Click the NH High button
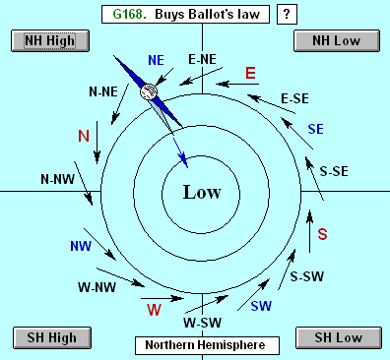(50, 41)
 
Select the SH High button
(52, 337)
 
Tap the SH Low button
(339, 337)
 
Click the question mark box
(287, 15)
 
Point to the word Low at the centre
(202, 192)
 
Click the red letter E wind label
(250, 73)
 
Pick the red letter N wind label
(84, 136)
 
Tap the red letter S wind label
(322, 234)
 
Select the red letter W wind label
(155, 310)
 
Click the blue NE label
(156, 60)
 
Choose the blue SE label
(316, 129)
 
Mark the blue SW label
(261, 306)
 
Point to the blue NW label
(81, 246)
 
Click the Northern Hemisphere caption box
(207, 345)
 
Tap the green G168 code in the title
(129, 14)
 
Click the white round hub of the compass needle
(149, 91)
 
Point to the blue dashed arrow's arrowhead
(184, 160)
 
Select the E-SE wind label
(294, 98)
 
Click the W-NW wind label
(97, 287)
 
